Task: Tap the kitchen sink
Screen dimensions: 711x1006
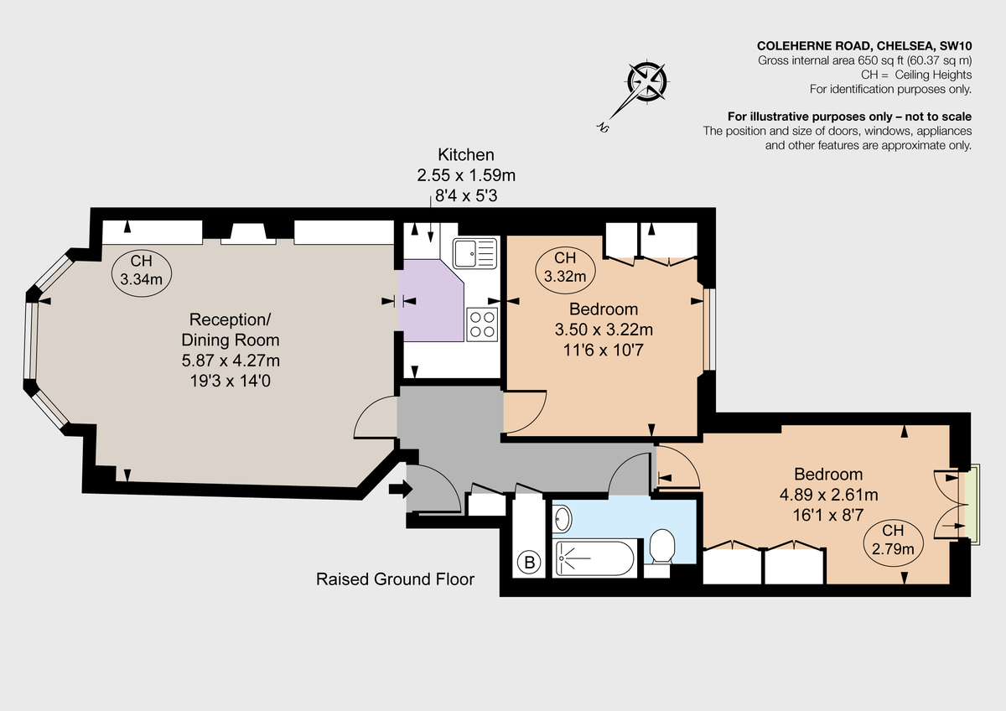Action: coord(474,252)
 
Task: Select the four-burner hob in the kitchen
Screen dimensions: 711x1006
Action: coord(482,324)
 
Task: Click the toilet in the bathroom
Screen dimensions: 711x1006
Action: coord(662,547)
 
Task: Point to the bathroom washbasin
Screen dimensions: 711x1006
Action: coord(563,519)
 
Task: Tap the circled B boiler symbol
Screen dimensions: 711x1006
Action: coord(529,563)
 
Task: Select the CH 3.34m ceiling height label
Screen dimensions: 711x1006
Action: coord(141,269)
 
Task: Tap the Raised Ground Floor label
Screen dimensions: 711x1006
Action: coord(395,579)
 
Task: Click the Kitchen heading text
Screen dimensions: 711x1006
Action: coord(466,155)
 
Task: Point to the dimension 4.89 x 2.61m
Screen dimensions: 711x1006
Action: coord(828,494)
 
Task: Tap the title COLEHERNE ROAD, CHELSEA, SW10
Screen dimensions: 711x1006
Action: coord(864,46)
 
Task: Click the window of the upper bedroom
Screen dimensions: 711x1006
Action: coord(708,329)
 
